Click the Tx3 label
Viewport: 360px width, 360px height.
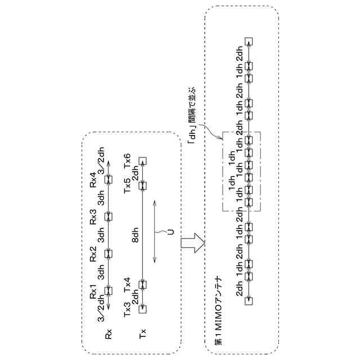click(x=128, y=308)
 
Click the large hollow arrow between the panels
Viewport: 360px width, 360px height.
click(x=191, y=242)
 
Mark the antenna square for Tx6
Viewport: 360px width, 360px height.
click(x=143, y=160)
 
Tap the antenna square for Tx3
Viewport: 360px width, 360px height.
click(x=143, y=308)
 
